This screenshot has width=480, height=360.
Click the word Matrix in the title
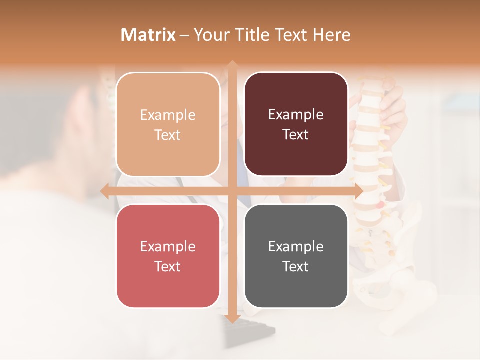(148, 35)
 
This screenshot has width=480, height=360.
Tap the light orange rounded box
(168, 124)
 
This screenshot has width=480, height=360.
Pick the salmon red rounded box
(168, 256)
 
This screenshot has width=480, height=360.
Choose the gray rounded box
(296, 256)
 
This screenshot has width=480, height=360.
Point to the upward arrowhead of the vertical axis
(232, 64)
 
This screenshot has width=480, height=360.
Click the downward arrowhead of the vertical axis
(232, 318)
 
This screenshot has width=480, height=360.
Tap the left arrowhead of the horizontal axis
(104, 191)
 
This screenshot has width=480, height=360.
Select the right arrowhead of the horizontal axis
(358, 191)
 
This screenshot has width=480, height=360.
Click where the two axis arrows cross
(232, 191)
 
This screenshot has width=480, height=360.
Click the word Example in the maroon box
(296, 114)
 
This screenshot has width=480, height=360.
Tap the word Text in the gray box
(296, 266)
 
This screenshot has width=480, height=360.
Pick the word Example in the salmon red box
(168, 246)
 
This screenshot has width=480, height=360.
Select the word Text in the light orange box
(168, 135)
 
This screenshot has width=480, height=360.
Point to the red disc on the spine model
(381, 204)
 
